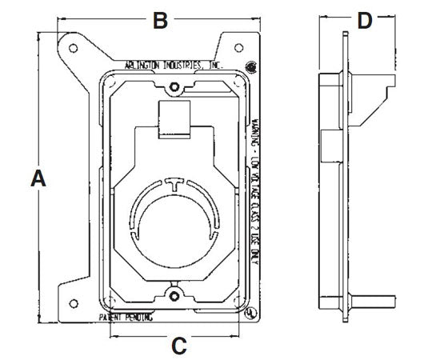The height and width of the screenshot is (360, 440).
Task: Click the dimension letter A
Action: (36, 180)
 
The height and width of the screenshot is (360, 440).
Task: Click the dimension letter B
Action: (160, 21)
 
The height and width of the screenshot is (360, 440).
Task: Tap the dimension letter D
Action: (365, 21)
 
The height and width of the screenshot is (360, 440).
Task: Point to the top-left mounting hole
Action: (73, 48)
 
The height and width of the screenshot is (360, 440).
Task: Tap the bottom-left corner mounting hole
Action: (72, 302)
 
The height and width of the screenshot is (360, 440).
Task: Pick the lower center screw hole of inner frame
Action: (174, 298)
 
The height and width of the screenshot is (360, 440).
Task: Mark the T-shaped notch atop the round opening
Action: (174, 184)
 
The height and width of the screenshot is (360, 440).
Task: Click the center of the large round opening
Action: (174, 222)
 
